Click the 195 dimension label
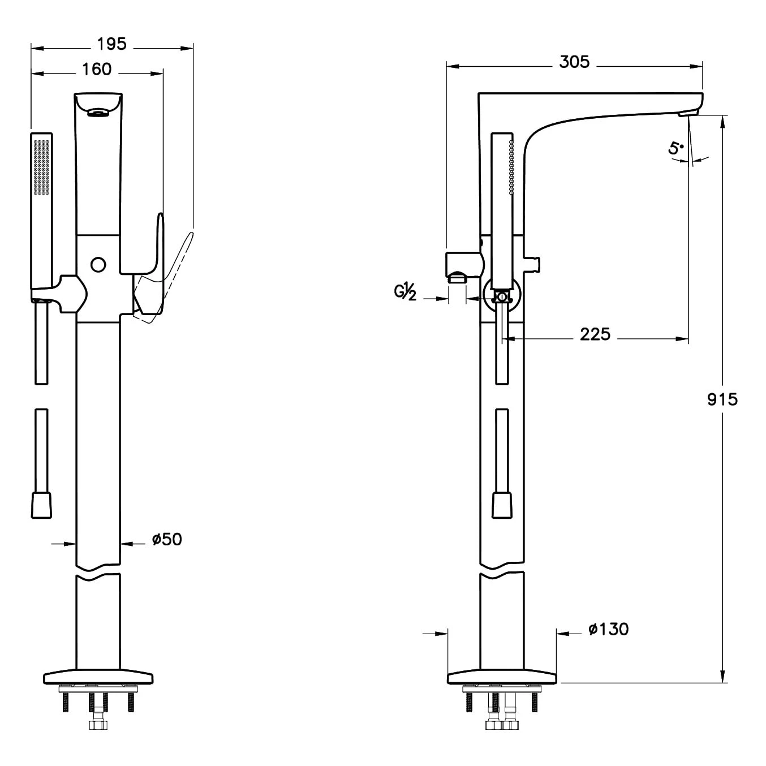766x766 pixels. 111,44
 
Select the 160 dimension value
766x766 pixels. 97,70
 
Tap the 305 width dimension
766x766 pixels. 574,62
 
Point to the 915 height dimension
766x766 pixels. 722,399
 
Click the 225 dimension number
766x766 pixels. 595,335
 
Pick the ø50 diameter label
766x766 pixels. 167,540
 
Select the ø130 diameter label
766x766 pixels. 608,629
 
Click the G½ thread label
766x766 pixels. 406,292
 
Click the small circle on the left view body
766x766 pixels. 98,264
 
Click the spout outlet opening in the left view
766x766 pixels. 98,114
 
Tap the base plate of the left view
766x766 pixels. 98,677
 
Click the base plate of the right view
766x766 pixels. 502,677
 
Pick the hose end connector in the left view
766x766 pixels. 41,504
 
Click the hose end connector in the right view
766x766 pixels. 502,504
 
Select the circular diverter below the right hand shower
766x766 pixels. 501,296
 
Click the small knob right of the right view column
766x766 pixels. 535,264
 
